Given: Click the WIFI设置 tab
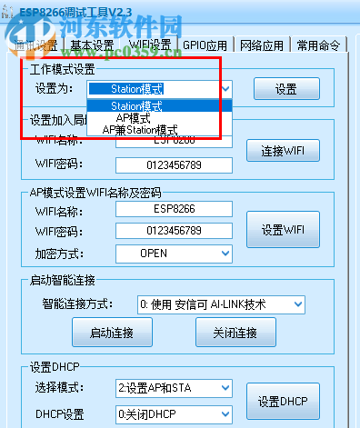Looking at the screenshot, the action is pyautogui.click(x=151, y=45).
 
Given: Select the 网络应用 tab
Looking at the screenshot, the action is pyautogui.click(x=263, y=45).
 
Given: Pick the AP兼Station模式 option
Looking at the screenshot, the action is pyautogui.click(x=140, y=130).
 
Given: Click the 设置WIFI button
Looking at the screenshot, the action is pyautogui.click(x=281, y=229).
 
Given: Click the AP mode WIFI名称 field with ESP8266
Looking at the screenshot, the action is pyautogui.click(x=173, y=210).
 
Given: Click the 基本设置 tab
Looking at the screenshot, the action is pyautogui.click(x=93, y=45).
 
